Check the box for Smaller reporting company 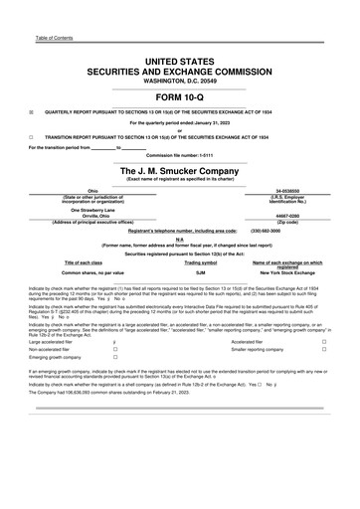click(x=324, y=350)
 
